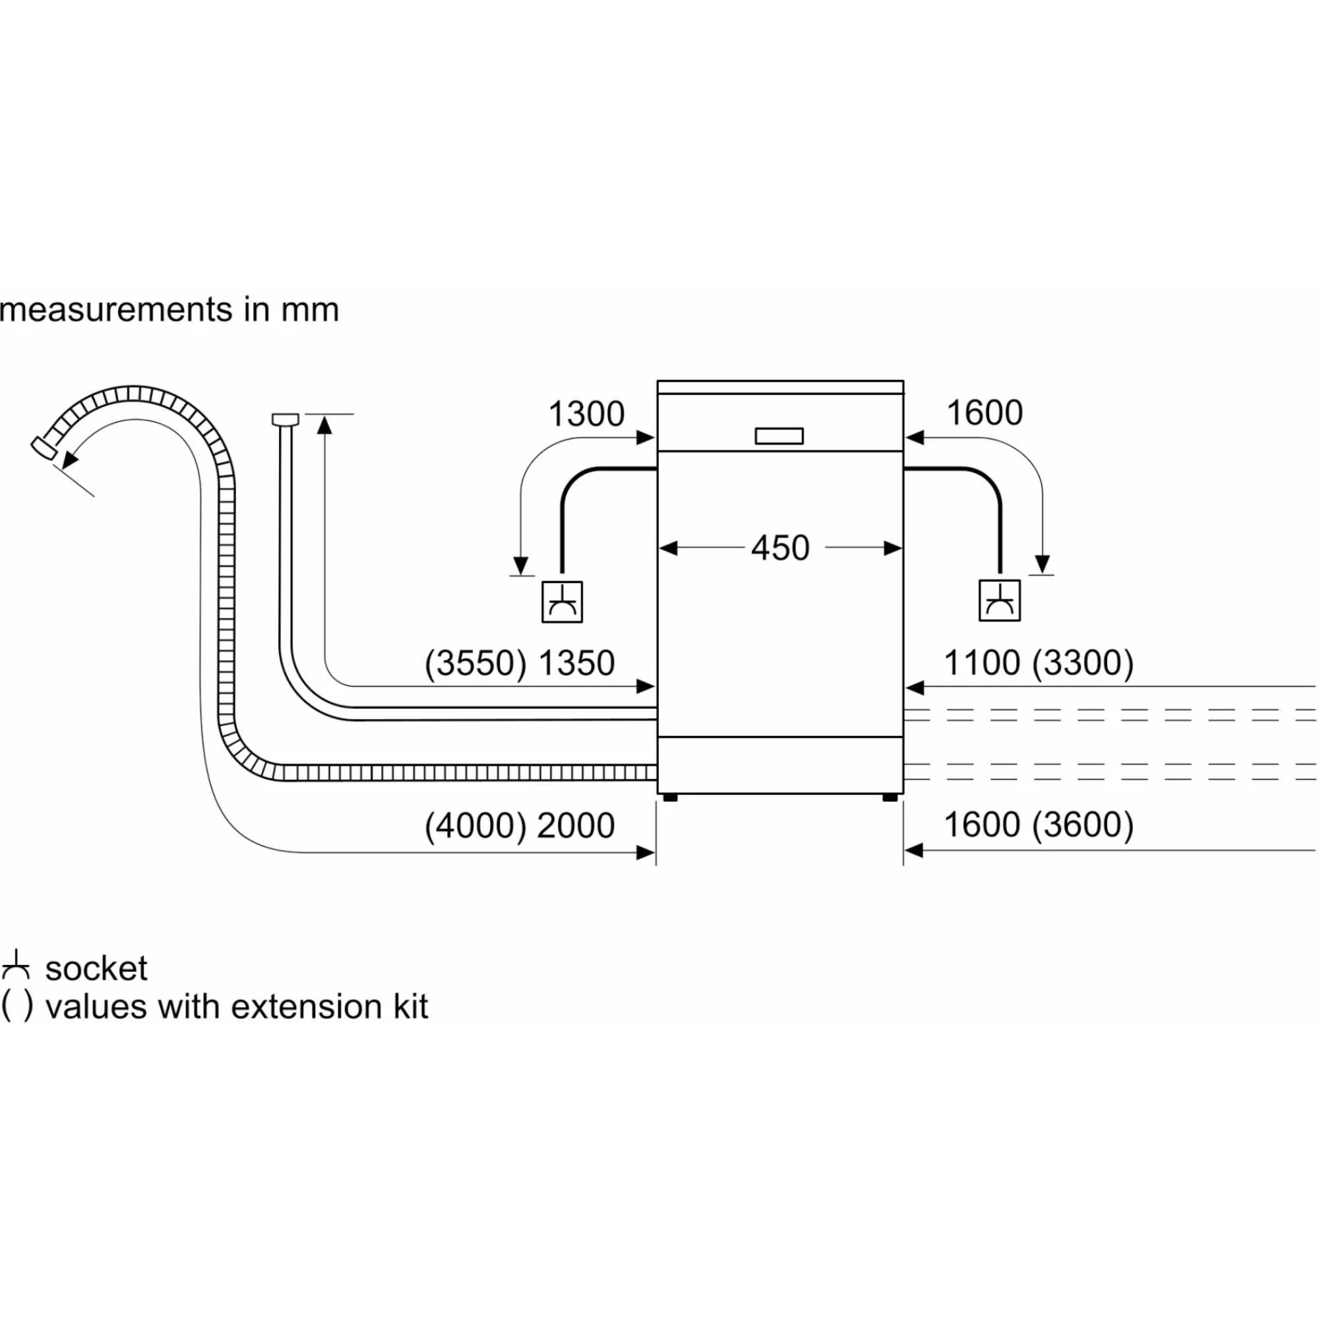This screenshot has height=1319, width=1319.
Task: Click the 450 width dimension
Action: point(780,548)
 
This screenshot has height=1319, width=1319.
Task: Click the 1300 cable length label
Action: point(586,414)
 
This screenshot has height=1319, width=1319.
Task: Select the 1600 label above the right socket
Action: point(984,413)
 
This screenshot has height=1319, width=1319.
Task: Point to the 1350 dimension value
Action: point(576,663)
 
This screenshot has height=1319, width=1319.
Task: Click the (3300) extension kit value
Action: point(1083,663)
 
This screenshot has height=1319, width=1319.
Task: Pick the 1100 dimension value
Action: point(982,663)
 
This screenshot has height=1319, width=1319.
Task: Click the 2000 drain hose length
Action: point(576,826)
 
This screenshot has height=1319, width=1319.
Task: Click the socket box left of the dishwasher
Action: point(562,601)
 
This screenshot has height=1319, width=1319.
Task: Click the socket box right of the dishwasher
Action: point(1000,601)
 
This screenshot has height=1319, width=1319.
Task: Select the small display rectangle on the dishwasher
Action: point(779,436)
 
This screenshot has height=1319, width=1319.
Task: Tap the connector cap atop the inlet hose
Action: point(286,419)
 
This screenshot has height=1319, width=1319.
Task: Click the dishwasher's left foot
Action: point(670,797)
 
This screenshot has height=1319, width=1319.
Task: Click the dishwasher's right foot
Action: point(890,797)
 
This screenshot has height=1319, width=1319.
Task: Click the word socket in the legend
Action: point(96,969)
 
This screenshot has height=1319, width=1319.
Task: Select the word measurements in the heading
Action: point(116,310)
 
